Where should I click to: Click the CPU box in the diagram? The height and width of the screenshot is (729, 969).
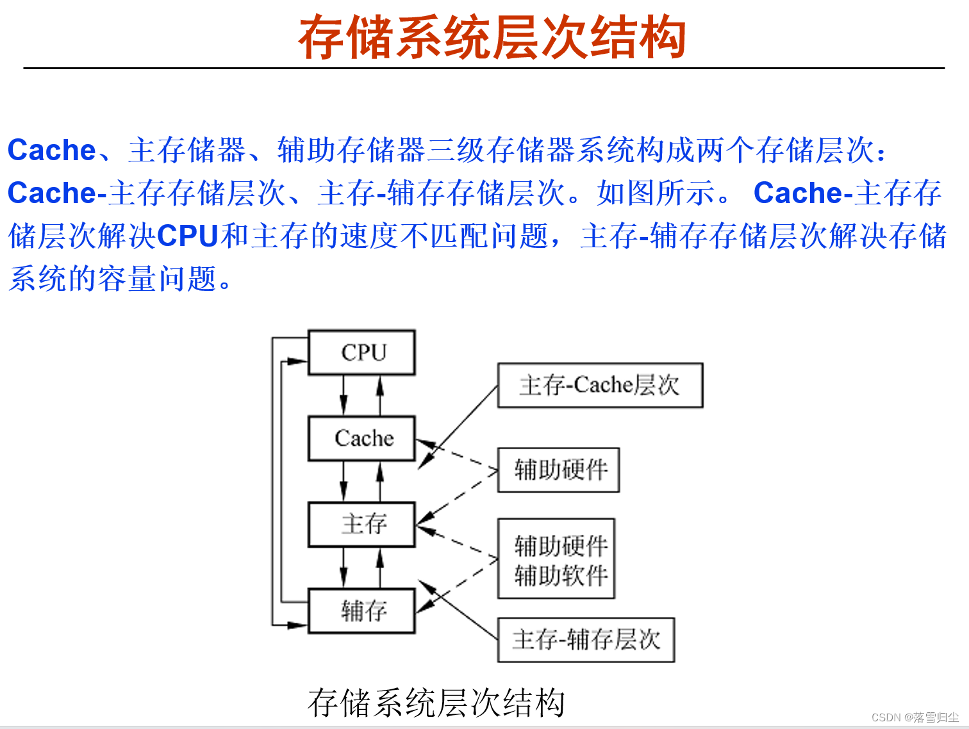tap(361, 352)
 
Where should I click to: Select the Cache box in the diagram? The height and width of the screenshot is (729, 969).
tap(361, 438)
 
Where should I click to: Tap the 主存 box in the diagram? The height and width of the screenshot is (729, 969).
tap(361, 524)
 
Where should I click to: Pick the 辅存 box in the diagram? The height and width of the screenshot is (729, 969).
tap(361, 610)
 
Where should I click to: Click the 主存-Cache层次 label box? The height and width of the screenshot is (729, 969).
tap(600, 385)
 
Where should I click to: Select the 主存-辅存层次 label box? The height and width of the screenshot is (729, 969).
tap(586, 639)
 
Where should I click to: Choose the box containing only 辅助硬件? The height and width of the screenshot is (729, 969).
tap(558, 470)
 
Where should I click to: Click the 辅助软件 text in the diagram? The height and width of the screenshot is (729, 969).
tap(560, 575)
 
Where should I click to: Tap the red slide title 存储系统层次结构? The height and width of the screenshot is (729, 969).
tap(492, 37)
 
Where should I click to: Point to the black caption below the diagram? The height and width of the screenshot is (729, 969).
tap(436, 703)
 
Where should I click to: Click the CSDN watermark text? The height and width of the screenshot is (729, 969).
tap(915, 717)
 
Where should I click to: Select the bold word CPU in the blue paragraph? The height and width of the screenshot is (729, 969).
tap(187, 236)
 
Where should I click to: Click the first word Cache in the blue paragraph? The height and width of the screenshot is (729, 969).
tap(51, 151)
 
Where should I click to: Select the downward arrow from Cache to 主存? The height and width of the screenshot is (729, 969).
tap(344, 481)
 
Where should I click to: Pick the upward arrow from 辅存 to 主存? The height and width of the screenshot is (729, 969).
tap(380, 568)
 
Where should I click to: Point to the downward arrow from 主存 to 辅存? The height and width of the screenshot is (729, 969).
tap(344, 568)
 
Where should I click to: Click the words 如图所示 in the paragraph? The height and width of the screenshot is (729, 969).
tap(655, 193)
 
